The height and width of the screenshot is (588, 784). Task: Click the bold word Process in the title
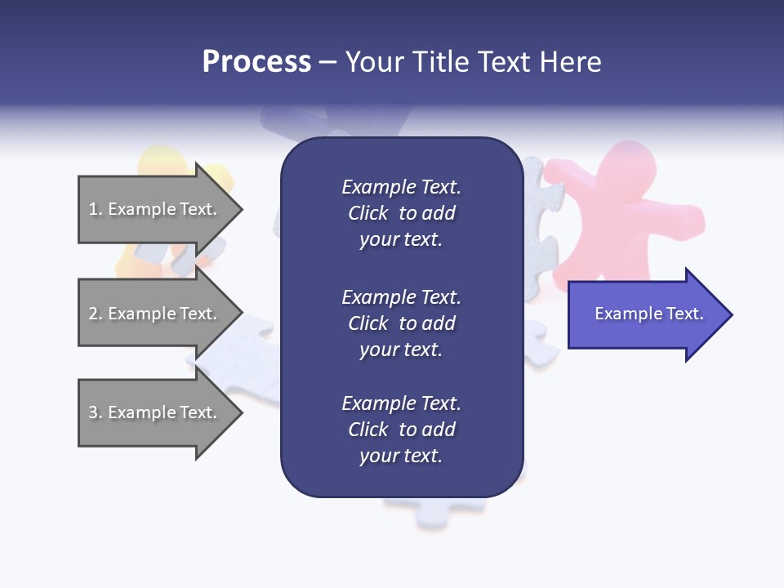[x=256, y=62]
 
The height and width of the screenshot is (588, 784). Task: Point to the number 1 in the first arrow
[x=93, y=209]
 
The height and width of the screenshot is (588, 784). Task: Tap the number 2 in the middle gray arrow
[x=93, y=314]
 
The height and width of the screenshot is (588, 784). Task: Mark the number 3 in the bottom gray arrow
[x=93, y=412]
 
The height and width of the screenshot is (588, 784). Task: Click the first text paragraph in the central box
[x=401, y=213]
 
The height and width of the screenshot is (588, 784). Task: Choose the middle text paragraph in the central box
[x=401, y=323]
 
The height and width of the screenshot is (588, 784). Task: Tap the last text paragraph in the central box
[x=401, y=430]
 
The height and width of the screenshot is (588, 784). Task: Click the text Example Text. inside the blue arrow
[x=648, y=314]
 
